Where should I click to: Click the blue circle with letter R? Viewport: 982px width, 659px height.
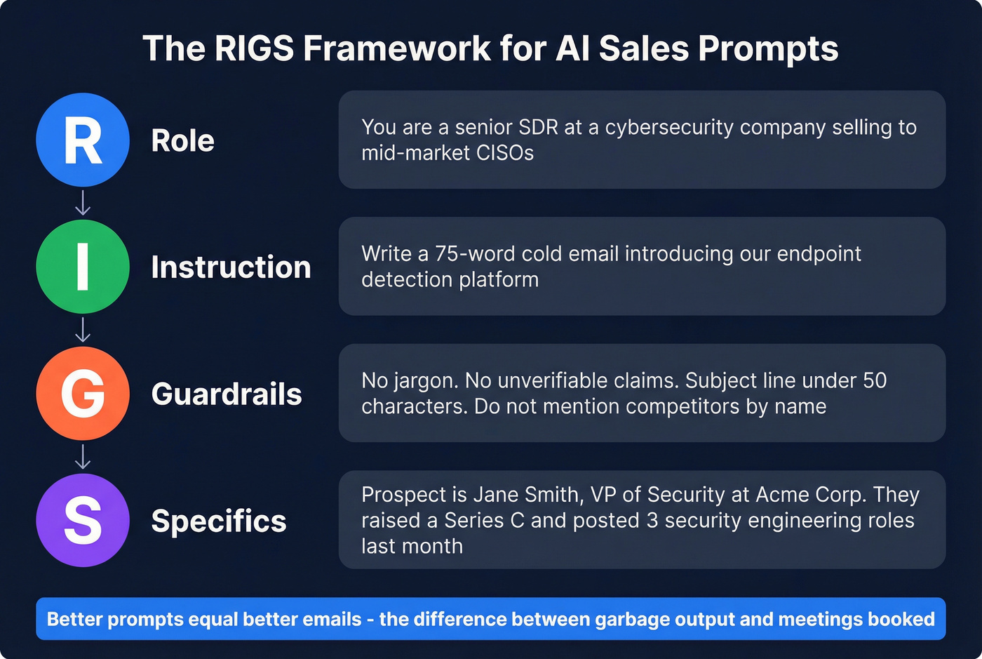(x=83, y=140)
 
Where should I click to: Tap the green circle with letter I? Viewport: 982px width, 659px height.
(x=83, y=267)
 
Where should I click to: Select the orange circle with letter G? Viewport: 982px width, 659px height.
(x=83, y=393)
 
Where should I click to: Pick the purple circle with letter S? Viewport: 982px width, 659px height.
(x=83, y=520)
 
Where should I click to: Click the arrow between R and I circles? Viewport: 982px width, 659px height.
(x=83, y=203)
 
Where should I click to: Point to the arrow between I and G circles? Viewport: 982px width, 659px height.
(x=83, y=330)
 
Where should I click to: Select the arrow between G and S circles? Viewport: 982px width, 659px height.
(x=83, y=456)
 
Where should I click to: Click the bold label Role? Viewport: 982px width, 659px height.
(x=182, y=140)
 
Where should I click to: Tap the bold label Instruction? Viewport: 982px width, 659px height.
(x=231, y=267)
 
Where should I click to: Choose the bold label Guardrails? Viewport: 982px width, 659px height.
(x=227, y=394)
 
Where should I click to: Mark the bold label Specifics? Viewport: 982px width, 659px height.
(x=219, y=521)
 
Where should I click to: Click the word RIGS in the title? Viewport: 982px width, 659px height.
(x=254, y=48)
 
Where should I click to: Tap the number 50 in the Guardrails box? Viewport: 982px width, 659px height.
(x=875, y=380)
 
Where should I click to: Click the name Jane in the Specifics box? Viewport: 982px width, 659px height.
(x=497, y=495)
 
